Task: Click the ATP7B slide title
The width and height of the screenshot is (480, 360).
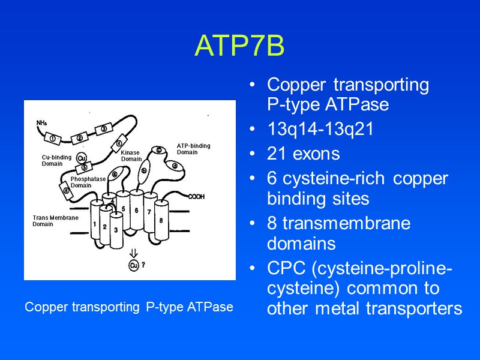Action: click(x=239, y=46)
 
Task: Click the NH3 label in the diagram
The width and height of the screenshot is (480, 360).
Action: click(x=42, y=123)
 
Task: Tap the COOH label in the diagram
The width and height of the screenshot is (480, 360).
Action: click(x=196, y=196)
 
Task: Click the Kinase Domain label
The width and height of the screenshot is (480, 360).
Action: click(x=131, y=156)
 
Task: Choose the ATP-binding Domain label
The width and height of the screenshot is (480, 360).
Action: click(x=193, y=148)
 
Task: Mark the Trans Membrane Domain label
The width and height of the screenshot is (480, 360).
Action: click(x=55, y=220)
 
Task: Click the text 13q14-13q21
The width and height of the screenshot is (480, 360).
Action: click(x=320, y=130)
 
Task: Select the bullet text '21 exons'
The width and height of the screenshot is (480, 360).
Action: click(x=303, y=154)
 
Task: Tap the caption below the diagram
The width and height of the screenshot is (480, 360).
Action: click(x=129, y=307)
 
